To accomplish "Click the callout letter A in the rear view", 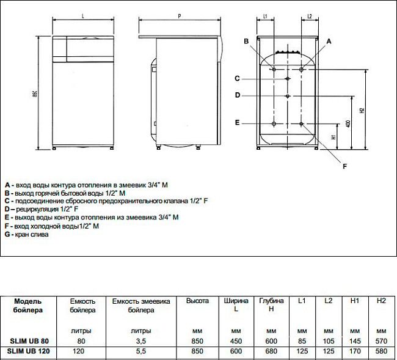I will [x=329, y=41].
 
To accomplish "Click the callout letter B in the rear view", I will [x=246, y=41].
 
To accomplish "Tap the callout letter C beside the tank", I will [x=238, y=78].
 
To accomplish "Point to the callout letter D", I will [x=238, y=95].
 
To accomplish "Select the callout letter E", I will [x=238, y=122].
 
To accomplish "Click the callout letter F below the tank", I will [x=344, y=166].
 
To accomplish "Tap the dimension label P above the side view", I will [x=179, y=17].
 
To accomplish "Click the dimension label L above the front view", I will [x=82, y=17].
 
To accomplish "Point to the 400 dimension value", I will [x=348, y=123].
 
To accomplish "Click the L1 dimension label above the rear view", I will [x=264, y=17].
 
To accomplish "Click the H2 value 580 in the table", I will [x=382, y=352].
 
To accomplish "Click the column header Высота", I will [x=198, y=301].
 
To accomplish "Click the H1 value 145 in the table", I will [x=355, y=340].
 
